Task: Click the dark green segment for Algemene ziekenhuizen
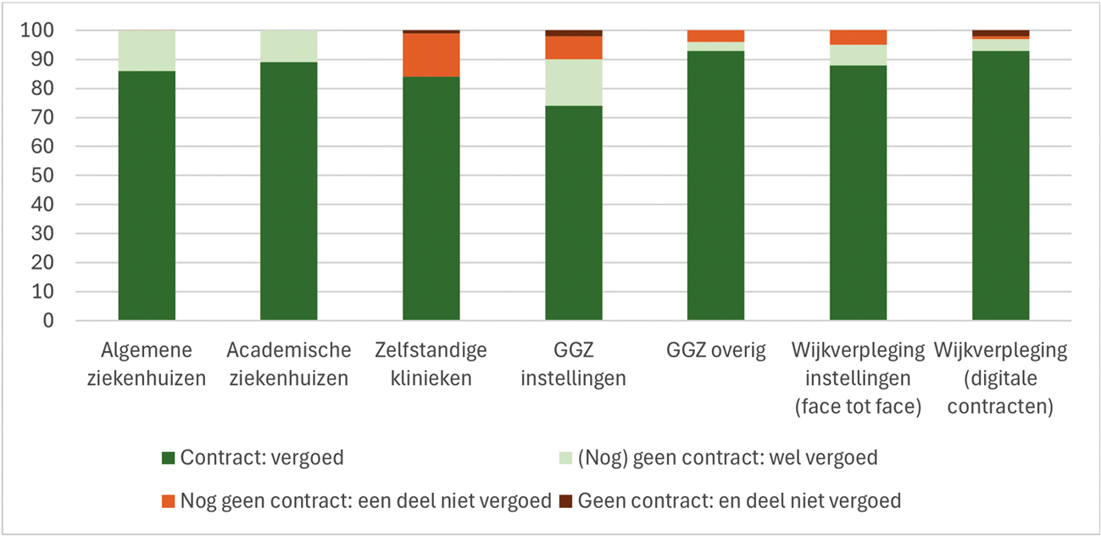tap(147, 195)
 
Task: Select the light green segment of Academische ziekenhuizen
tap(289, 46)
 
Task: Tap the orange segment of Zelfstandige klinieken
tap(431, 55)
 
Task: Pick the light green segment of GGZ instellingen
tap(574, 82)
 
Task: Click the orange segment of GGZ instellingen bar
tap(574, 47)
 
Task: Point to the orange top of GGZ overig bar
tap(716, 36)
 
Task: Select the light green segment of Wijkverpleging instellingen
tap(859, 55)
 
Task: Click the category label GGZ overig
tap(716, 350)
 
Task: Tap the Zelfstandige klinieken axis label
tap(431, 364)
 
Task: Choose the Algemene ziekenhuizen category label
tap(147, 364)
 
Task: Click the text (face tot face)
tap(859, 406)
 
